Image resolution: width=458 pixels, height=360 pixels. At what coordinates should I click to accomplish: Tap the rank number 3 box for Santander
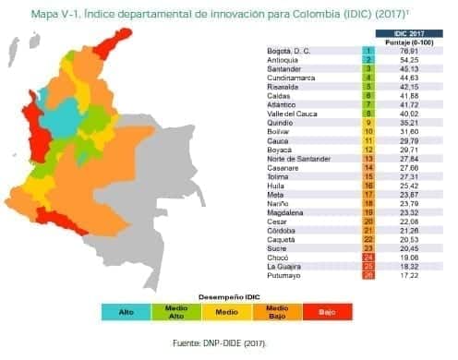point(368,68)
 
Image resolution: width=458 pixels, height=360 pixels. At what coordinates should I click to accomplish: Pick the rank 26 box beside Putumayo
point(368,275)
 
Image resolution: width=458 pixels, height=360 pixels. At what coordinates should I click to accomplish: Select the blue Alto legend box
point(127,312)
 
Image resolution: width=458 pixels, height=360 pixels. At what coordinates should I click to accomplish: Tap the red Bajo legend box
point(326,312)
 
